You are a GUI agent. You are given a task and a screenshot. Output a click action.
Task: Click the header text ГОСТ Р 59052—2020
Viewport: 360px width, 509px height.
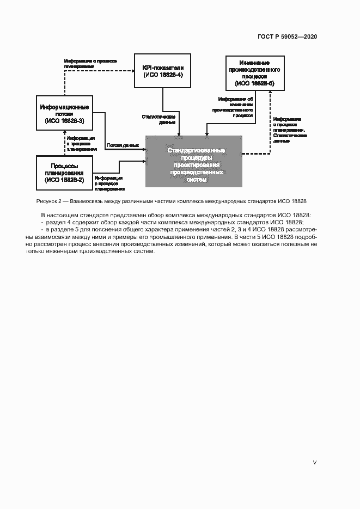pos(287,36)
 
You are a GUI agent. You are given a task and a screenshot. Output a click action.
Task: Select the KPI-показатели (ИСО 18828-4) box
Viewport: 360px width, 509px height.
pos(163,71)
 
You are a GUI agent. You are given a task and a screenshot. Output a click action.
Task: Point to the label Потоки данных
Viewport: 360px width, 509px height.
pos(123,145)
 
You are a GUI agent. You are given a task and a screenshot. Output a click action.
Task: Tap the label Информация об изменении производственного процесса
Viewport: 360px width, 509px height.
pos(235,107)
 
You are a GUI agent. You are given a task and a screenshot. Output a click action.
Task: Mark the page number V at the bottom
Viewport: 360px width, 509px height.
pos(314,463)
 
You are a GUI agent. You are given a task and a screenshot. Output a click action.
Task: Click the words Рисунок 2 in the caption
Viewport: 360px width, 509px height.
pos(48,201)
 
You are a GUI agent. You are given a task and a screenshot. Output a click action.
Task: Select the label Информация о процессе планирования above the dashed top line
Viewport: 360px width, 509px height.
pos(91,63)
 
